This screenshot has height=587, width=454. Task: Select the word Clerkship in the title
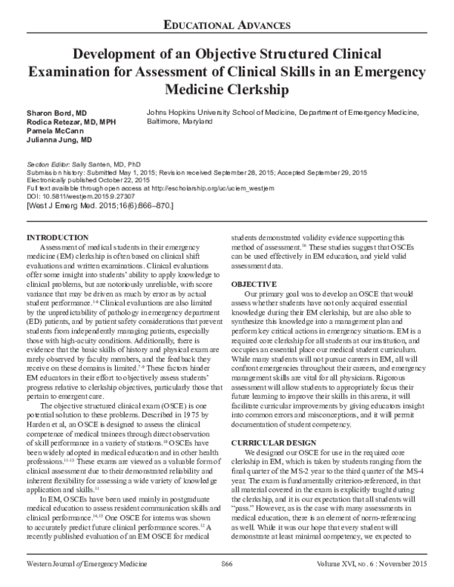tap(271, 90)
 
